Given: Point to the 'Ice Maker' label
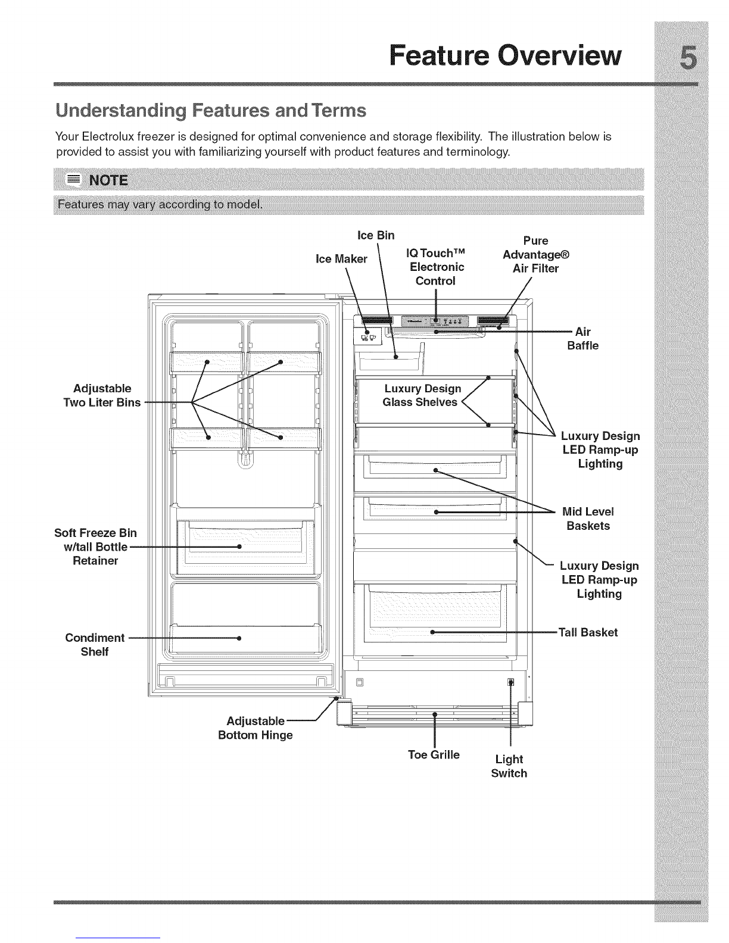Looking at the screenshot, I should pyautogui.click(x=341, y=259).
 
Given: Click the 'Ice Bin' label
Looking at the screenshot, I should pyautogui.click(x=376, y=235).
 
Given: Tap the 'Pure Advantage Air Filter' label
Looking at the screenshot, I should pyautogui.click(x=536, y=254).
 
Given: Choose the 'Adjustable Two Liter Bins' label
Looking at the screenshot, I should pyautogui.click(x=101, y=396).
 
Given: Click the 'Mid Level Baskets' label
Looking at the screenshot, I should pyautogui.click(x=588, y=519).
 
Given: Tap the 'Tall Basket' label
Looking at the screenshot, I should pyautogui.click(x=588, y=632).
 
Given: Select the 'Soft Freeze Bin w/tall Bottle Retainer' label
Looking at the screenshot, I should pyautogui.click(x=95, y=547).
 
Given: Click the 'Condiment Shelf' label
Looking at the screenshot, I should pyautogui.click(x=95, y=645).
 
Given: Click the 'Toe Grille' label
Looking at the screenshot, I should pyautogui.click(x=434, y=755).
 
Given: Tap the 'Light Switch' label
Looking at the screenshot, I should pyautogui.click(x=509, y=766).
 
